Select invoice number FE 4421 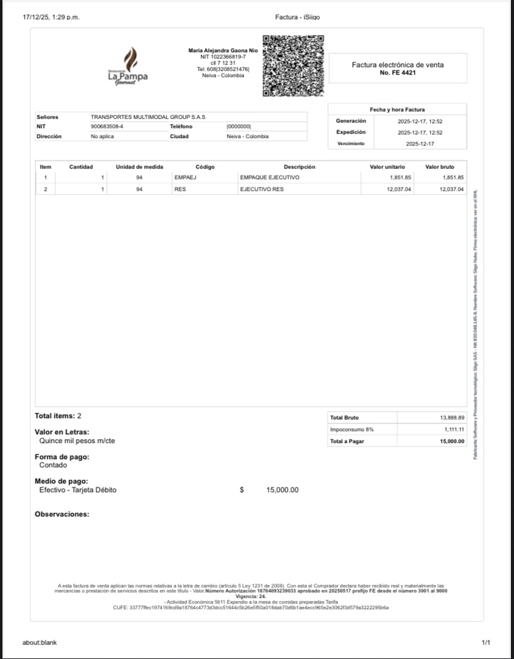click(398, 73)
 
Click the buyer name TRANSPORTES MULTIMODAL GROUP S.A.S click(148, 117)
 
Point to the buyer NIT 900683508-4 click(107, 126)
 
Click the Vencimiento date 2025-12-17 click(420, 143)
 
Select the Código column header click(204, 167)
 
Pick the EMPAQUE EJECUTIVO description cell click(270, 177)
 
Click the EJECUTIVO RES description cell click(262, 189)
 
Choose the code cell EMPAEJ click(185, 177)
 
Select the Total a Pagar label click(347, 441)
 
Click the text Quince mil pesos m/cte click(77, 441)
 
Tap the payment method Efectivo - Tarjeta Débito click(78, 490)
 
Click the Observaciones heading click(62, 514)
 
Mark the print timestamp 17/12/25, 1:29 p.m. click(51, 17)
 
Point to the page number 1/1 click(485, 642)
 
